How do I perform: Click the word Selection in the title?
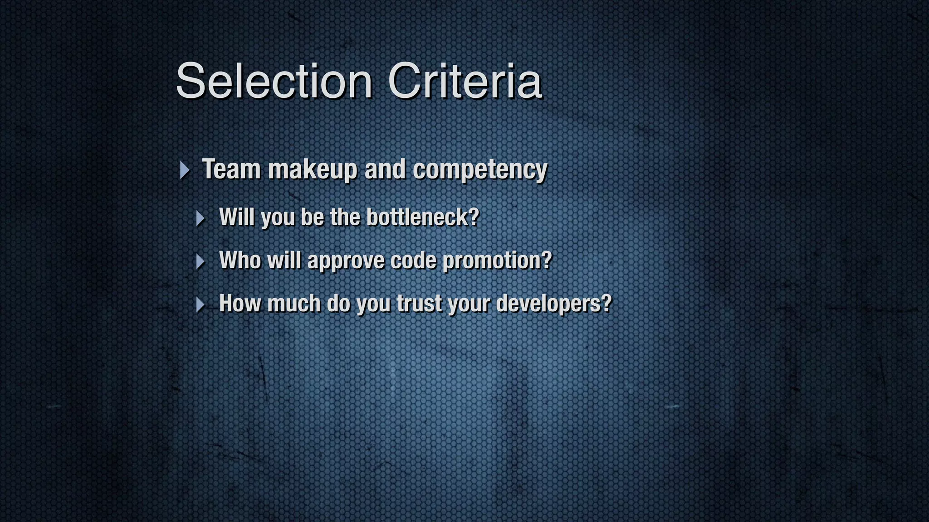pyautogui.click(x=274, y=81)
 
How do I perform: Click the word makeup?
pyautogui.click(x=313, y=170)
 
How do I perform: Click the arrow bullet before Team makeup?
pyautogui.click(x=184, y=170)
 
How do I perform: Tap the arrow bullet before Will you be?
pyautogui.click(x=200, y=218)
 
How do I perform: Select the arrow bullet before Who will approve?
pyautogui.click(x=200, y=261)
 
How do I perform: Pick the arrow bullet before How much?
pyautogui.click(x=200, y=304)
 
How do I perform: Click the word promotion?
pyautogui.click(x=492, y=261)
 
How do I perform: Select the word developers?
pyautogui.click(x=548, y=304)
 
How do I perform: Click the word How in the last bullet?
pyautogui.click(x=240, y=303)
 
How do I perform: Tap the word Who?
pyautogui.click(x=240, y=260)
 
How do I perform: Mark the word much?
pyautogui.click(x=294, y=303)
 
